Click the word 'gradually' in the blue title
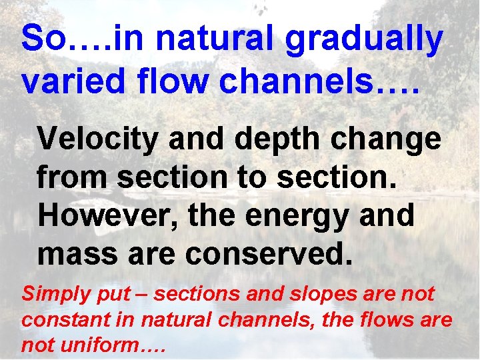point(363,40)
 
